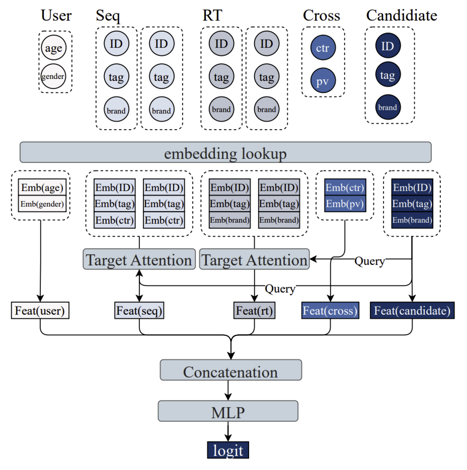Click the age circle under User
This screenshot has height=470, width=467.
53,48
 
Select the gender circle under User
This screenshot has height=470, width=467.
53,76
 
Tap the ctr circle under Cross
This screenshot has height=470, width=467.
323,48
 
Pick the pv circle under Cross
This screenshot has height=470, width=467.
323,80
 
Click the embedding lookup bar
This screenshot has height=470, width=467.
225,152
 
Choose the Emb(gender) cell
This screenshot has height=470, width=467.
42,204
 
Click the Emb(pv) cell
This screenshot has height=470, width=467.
345,204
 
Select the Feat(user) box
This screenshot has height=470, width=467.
40,311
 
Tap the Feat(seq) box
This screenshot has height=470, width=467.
139,311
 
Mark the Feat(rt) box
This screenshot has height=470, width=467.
254,311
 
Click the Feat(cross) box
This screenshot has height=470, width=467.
330,311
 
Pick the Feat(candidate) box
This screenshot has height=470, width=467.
412,311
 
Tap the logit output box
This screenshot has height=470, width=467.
228,449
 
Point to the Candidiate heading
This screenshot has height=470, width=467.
402,16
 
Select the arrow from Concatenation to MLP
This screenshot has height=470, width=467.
228,391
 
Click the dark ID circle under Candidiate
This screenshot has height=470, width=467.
387,46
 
